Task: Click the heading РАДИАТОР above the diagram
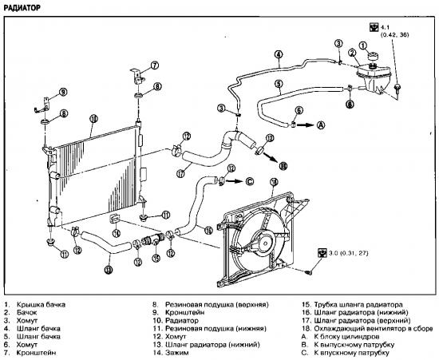[22, 7]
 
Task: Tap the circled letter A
[321, 125]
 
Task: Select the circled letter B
[283, 166]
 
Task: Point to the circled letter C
[250, 181]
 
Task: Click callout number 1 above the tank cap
[363, 45]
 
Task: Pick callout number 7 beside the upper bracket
[154, 65]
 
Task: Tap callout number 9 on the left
[63, 92]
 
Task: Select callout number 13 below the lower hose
[109, 269]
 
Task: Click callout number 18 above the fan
[274, 182]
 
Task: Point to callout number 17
[180, 173]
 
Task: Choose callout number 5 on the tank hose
[279, 84]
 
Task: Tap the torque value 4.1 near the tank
[385, 27]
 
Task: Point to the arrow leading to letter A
[306, 125]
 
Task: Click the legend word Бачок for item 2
[26, 312]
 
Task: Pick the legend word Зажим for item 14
[176, 353]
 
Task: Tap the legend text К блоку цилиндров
[346, 337]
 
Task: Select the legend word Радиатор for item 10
[182, 321]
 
